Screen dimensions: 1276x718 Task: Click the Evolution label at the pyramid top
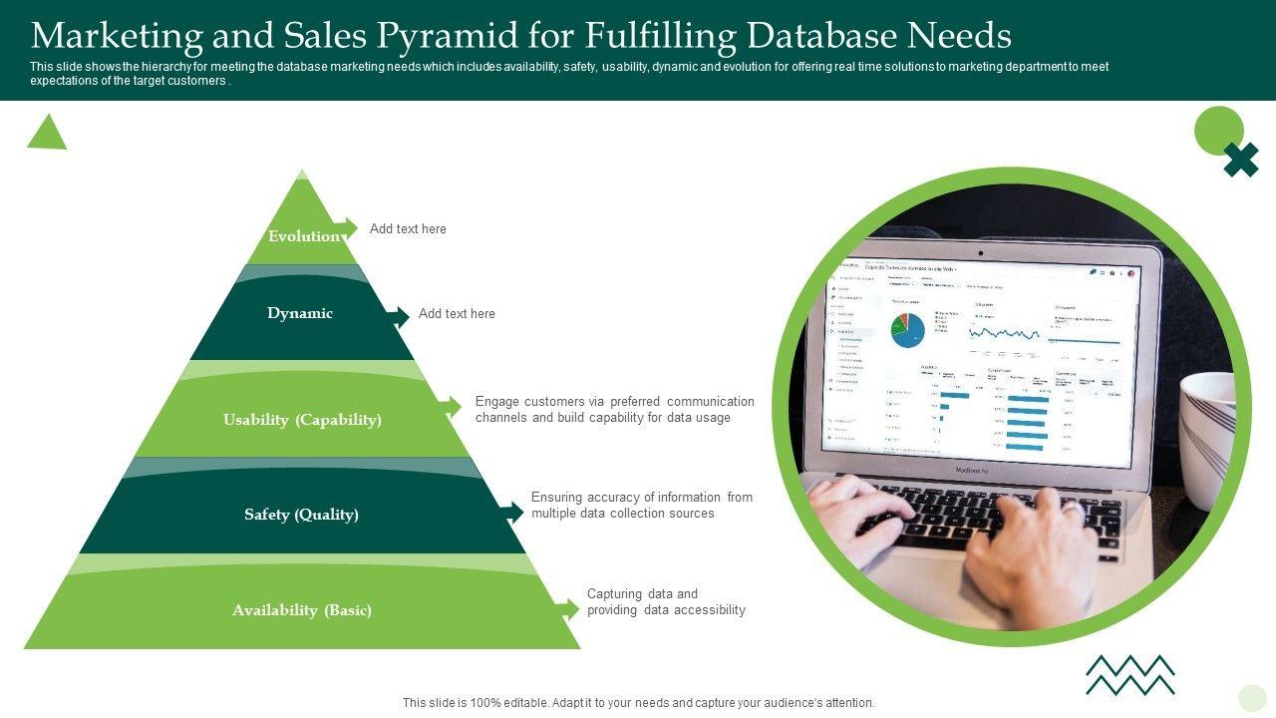[303, 236]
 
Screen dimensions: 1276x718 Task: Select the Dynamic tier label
[300, 313]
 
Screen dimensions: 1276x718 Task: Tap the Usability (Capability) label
[302, 420]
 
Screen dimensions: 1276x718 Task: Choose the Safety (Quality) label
[301, 515]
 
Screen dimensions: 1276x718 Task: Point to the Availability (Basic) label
[302, 610]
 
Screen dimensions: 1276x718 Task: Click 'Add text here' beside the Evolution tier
[408, 229]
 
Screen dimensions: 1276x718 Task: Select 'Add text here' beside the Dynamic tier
[457, 314]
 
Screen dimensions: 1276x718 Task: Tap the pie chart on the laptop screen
[907, 330]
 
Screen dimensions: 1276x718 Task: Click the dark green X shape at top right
[1241, 160]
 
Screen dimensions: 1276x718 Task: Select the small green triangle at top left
[47, 134]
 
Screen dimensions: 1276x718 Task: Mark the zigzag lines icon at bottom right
[1129, 674]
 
